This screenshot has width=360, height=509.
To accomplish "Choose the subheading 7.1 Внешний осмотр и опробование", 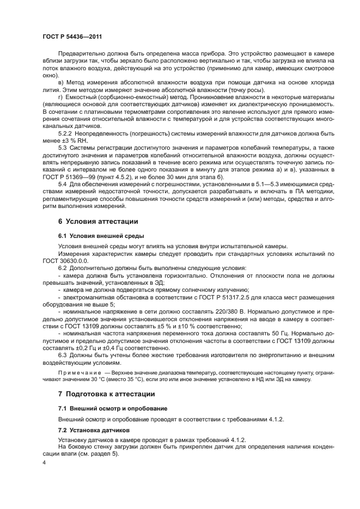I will point(113,408).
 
